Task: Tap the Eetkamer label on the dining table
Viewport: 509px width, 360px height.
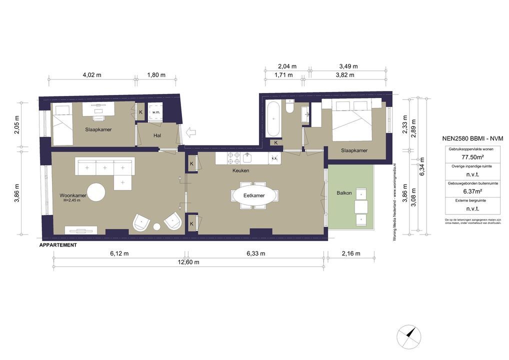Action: click(x=254, y=195)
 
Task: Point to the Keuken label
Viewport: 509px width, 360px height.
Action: click(x=240, y=170)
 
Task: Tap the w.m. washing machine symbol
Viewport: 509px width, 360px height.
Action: click(x=155, y=112)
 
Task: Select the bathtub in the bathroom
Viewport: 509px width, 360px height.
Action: click(x=274, y=119)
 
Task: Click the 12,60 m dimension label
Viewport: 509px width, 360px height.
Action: click(x=189, y=262)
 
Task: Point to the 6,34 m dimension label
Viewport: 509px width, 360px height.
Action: click(x=422, y=170)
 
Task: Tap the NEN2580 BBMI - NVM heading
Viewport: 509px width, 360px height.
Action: click(x=472, y=138)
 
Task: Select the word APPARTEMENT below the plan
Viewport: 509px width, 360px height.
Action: click(x=58, y=245)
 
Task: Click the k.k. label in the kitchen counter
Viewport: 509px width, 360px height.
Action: click(x=274, y=158)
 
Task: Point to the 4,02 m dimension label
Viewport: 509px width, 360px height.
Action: click(x=91, y=75)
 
